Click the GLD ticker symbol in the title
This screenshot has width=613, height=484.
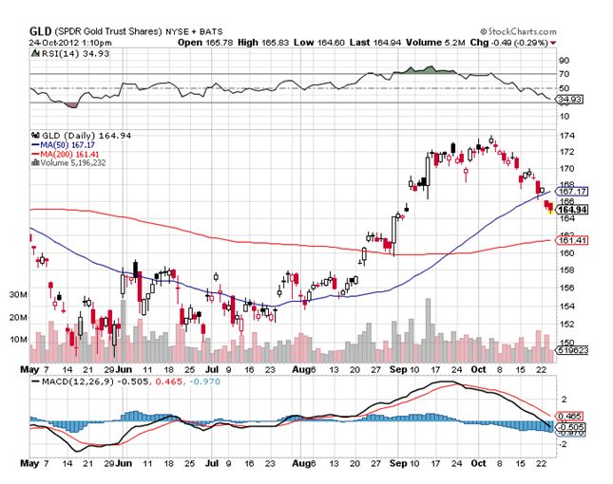40,30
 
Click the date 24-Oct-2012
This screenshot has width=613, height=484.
58,43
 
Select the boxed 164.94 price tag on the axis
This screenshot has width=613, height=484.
569,209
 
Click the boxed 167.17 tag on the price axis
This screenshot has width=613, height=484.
569,191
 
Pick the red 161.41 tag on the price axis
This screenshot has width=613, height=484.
568,240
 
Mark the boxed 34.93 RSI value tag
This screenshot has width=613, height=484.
567,98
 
